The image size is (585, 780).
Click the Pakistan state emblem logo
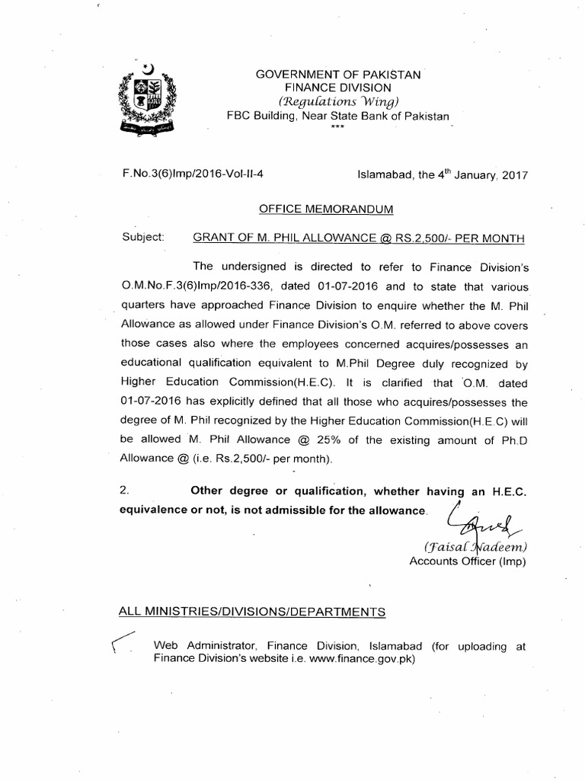[x=149, y=100]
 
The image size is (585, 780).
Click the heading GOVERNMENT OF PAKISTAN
[x=337, y=74]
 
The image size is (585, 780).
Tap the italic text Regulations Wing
[x=339, y=102]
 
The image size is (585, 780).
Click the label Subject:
[x=143, y=237]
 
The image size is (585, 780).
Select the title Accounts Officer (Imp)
[x=468, y=562]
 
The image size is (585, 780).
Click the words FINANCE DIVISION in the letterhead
[x=338, y=88]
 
